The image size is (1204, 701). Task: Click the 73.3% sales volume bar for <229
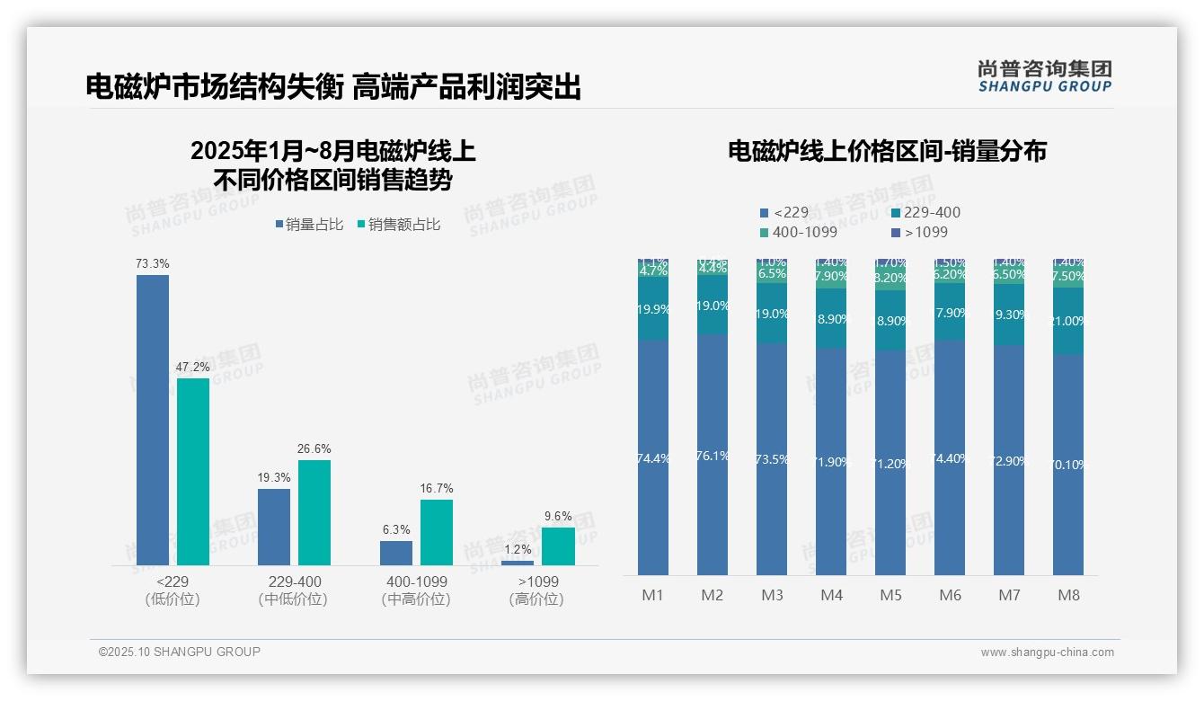pyautogui.click(x=153, y=420)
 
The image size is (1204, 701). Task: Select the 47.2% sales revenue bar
pyautogui.click(x=193, y=472)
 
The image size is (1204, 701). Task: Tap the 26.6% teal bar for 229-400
pyautogui.click(x=314, y=512)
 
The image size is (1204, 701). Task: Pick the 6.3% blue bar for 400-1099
pyautogui.click(x=396, y=553)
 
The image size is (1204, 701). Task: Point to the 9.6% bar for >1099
pyautogui.click(x=558, y=546)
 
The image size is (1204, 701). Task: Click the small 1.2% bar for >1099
pyautogui.click(x=518, y=563)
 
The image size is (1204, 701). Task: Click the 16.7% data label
pyautogui.click(x=437, y=489)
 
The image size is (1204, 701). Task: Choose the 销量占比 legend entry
pyautogui.click(x=308, y=225)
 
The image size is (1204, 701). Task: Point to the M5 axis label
pyautogui.click(x=890, y=595)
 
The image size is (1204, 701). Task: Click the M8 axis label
pyautogui.click(x=1068, y=595)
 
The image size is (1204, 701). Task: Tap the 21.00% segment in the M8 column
pyautogui.click(x=1068, y=321)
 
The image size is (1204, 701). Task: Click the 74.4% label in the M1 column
pyautogui.click(x=653, y=458)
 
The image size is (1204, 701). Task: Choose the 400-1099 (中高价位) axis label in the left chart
pyautogui.click(x=415, y=590)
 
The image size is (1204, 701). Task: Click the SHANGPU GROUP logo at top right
pyautogui.click(x=1045, y=76)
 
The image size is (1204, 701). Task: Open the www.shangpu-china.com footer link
pyautogui.click(x=1047, y=652)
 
